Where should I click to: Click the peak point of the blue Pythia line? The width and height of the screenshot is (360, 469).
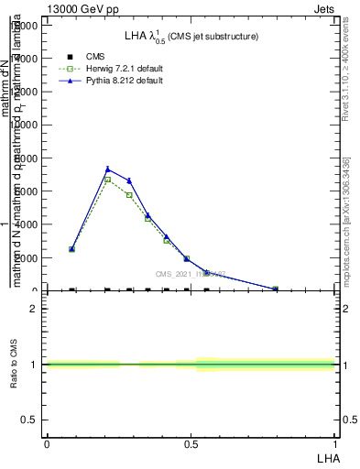point(108,169)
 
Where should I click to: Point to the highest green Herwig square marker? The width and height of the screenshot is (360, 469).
point(108,180)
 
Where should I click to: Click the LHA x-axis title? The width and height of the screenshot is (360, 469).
point(328,457)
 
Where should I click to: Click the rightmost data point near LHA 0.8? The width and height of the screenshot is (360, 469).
point(275,289)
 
